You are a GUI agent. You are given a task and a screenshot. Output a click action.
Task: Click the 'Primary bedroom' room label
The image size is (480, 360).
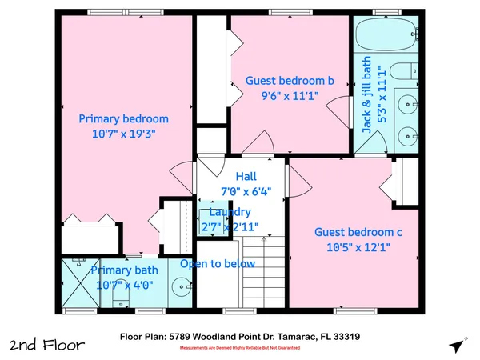(123, 119)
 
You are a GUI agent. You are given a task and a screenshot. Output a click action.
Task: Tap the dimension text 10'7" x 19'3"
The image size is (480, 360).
(123, 134)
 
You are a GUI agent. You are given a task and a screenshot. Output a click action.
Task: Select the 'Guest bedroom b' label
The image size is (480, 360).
(289, 81)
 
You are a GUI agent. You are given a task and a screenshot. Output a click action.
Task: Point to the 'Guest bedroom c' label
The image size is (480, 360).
(358, 232)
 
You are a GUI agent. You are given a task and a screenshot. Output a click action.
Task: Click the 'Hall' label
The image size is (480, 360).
(246, 177)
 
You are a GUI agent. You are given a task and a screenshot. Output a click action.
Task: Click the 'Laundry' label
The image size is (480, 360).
(230, 212)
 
